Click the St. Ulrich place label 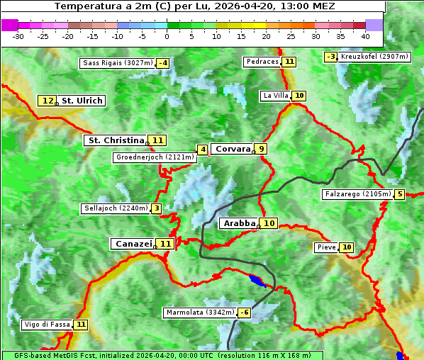point(82,101)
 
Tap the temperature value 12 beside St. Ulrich point(48,101)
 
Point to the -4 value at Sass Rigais point(164,63)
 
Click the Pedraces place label point(262,62)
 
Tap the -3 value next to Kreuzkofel point(330,57)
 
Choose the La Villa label point(275,96)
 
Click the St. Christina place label point(115,140)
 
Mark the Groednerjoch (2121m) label point(155,157)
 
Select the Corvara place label point(233,149)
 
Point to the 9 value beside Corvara point(262,149)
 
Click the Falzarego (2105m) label point(357,194)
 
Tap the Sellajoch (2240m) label point(116,208)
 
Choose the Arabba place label point(239,223)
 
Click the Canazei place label point(133,243)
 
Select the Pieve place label point(326,247)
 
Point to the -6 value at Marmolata point(245,313)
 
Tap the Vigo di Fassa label point(48,325)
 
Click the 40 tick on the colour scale point(365,35)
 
